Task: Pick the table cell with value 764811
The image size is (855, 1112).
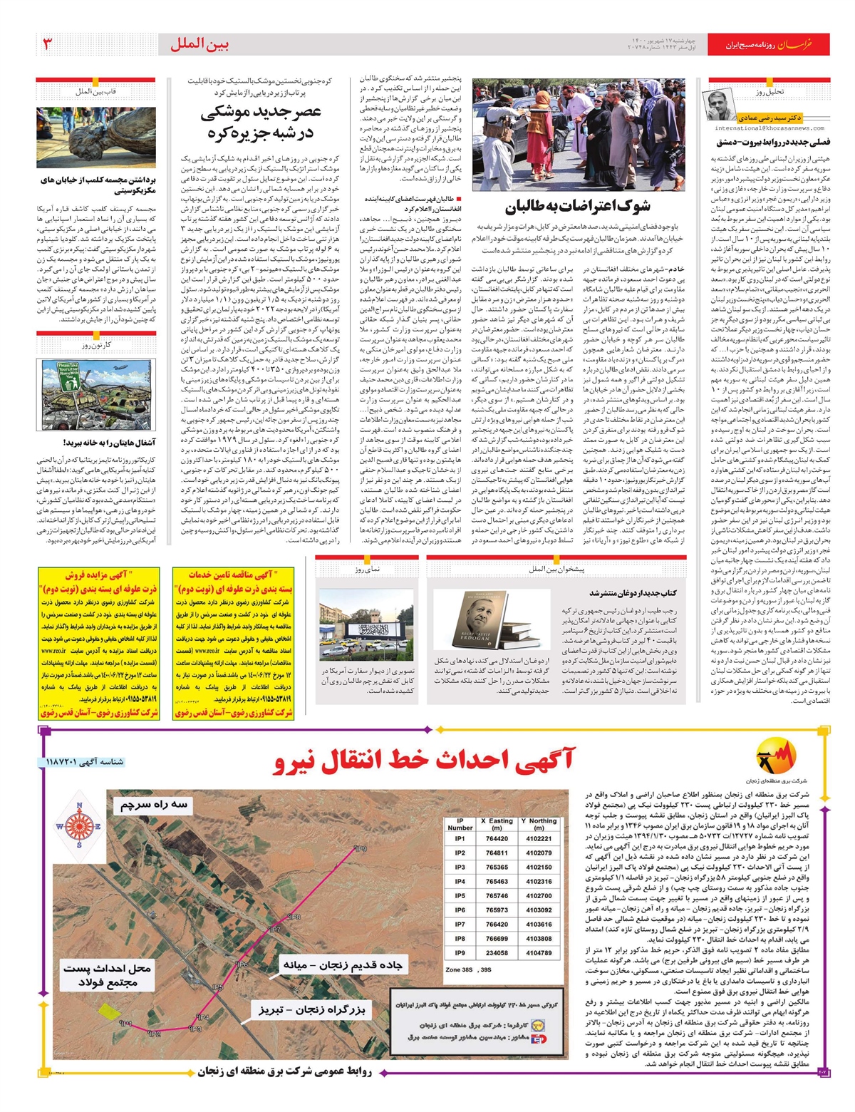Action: (497, 853)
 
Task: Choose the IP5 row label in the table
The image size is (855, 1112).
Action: (460, 895)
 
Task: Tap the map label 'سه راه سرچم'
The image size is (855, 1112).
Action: (154, 805)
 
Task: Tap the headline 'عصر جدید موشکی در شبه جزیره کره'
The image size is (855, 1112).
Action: (261, 122)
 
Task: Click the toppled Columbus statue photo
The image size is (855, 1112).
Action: (96, 138)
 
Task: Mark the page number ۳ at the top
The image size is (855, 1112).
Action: (48, 44)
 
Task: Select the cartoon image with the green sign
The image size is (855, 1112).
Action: (96, 394)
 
